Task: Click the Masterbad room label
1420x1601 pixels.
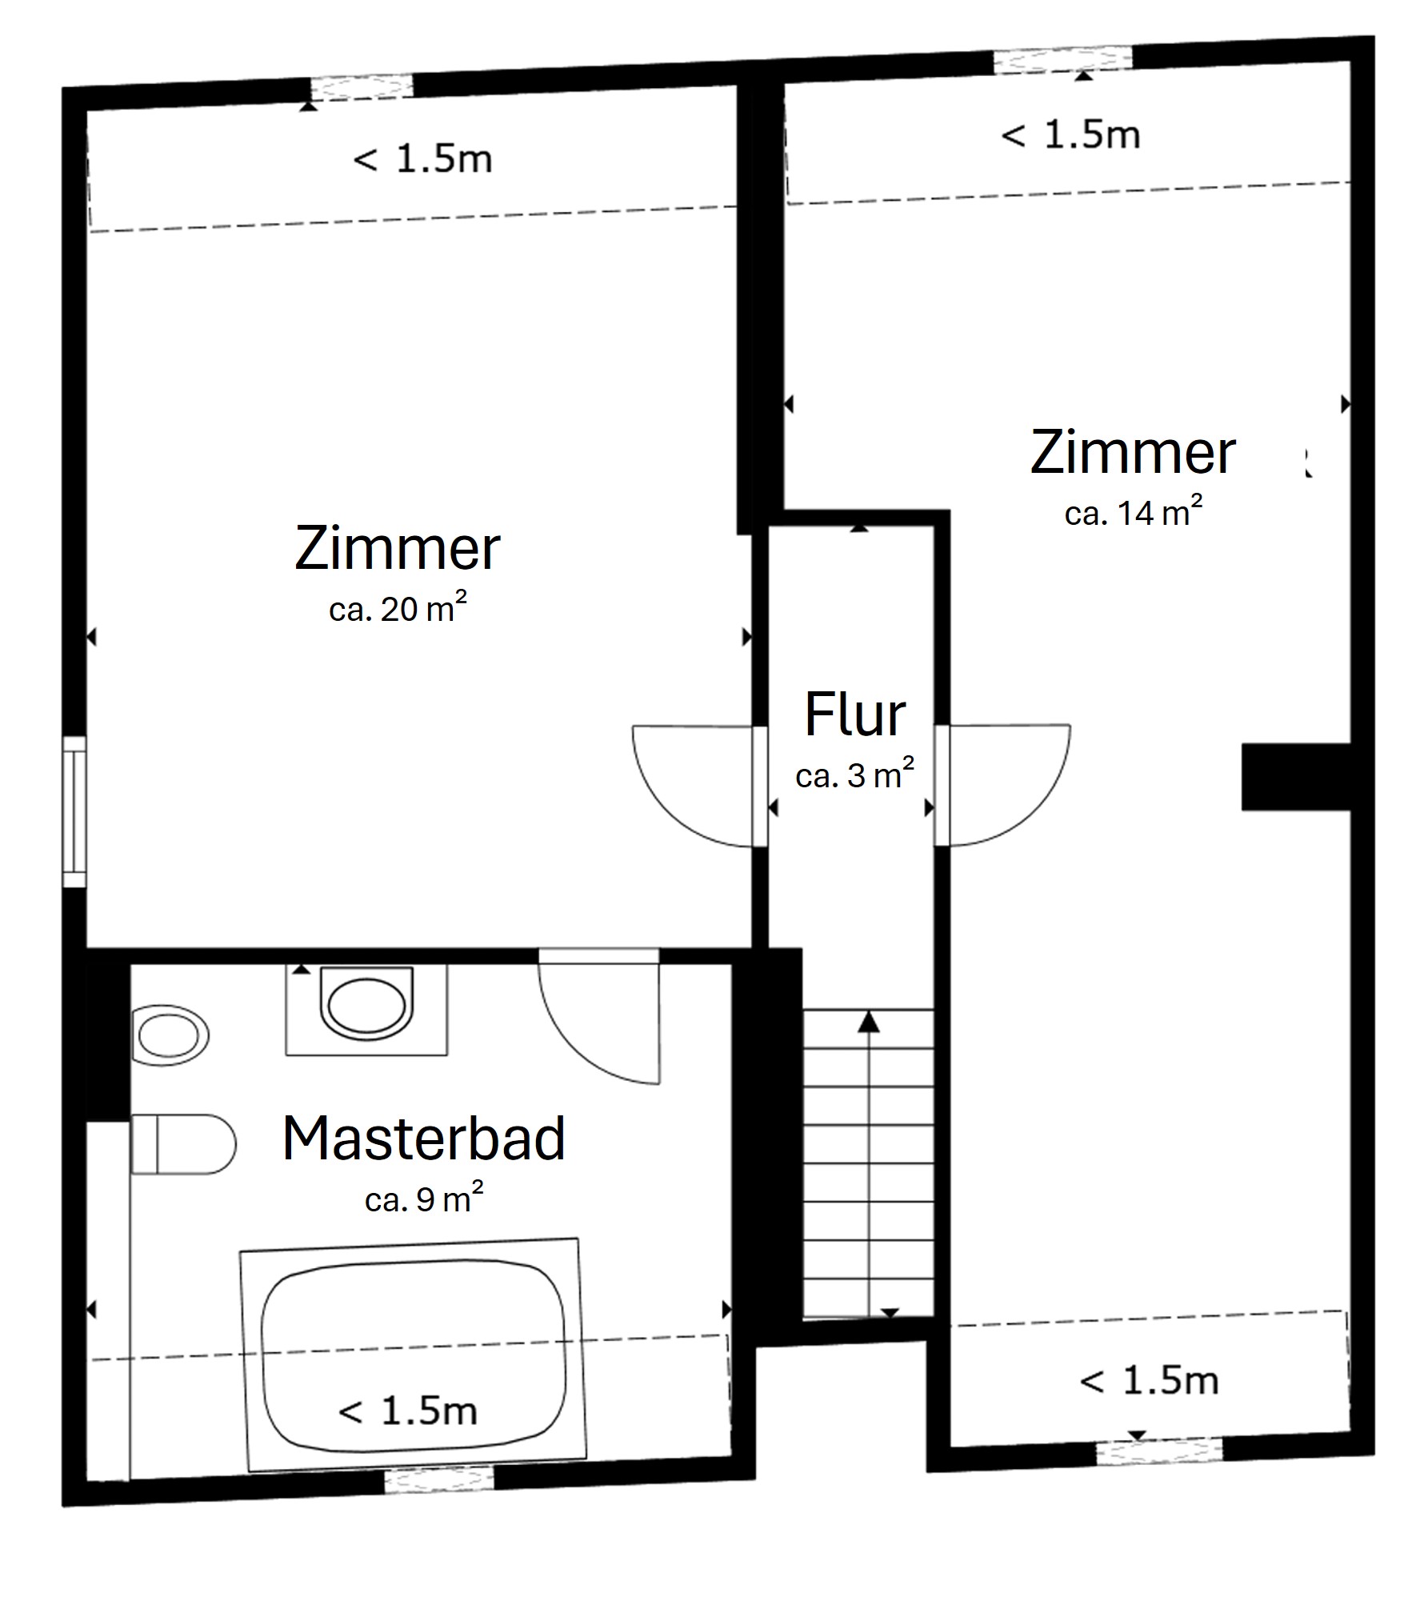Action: [423, 1139]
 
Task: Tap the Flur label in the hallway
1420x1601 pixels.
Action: [854, 714]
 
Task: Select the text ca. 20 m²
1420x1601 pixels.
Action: [397, 610]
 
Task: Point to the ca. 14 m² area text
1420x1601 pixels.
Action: [1133, 512]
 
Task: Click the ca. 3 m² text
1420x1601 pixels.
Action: [854, 775]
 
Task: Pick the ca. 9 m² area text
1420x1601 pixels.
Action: [423, 1199]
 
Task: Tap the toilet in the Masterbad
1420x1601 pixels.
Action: [182, 1144]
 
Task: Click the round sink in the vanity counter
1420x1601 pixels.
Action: [366, 1007]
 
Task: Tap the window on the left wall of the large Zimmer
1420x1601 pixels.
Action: [74, 811]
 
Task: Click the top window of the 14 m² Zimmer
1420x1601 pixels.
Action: [1063, 60]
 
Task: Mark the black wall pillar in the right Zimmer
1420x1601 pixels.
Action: [1294, 777]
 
